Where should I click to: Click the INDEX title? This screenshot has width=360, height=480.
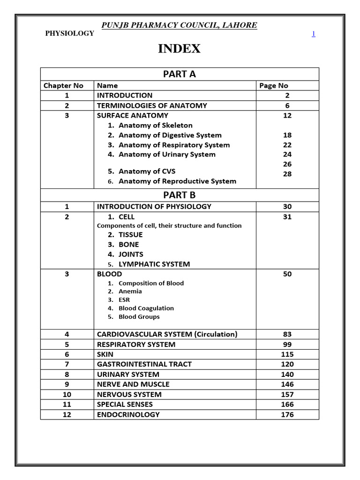(x=180, y=49)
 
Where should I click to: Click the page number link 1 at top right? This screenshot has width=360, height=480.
(x=314, y=34)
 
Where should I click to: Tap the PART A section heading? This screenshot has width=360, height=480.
(x=180, y=74)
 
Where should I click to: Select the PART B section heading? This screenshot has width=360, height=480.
(x=180, y=195)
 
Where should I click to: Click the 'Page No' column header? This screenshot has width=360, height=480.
(x=274, y=85)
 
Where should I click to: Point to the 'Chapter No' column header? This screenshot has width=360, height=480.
(x=63, y=85)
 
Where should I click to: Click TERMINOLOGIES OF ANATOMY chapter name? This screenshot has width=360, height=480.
(x=152, y=105)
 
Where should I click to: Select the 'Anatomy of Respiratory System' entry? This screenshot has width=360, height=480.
(x=174, y=145)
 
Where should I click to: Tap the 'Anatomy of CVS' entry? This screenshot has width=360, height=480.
(x=147, y=171)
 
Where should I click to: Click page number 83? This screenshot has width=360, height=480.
(x=287, y=334)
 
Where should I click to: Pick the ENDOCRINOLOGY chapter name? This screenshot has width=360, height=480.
(x=128, y=414)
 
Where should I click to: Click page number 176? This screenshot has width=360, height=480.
(x=287, y=414)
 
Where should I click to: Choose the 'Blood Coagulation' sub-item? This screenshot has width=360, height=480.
(x=146, y=308)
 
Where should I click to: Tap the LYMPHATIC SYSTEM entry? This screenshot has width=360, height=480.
(x=154, y=264)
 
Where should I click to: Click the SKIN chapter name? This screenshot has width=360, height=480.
(x=105, y=354)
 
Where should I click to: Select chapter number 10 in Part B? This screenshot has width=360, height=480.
(x=67, y=394)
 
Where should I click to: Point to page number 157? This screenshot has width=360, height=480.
(x=287, y=394)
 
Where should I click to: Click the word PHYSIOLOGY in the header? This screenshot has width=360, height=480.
(x=69, y=33)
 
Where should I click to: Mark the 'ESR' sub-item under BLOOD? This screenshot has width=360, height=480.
(x=124, y=300)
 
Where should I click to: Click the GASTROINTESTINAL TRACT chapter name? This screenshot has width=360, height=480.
(x=144, y=364)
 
